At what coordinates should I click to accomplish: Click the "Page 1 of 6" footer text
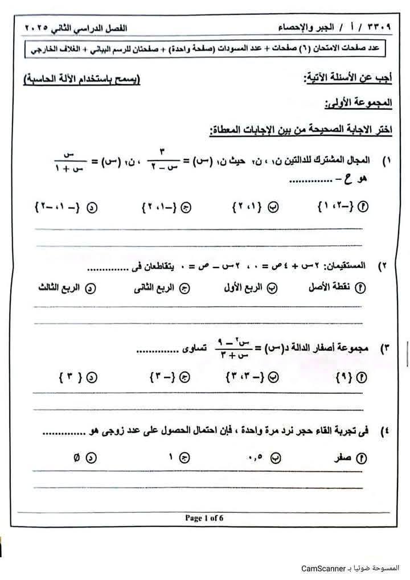click(x=203, y=517)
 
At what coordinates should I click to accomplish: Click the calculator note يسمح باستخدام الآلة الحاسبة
click(x=81, y=79)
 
